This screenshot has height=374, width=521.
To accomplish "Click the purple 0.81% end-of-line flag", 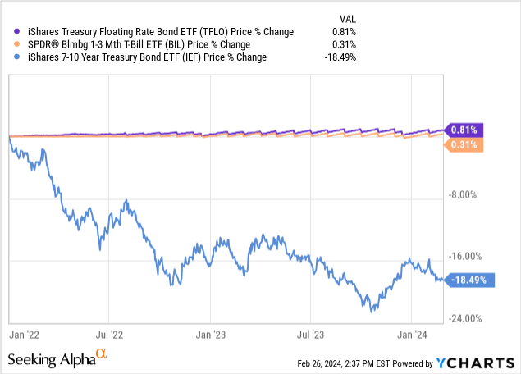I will click(x=465, y=130).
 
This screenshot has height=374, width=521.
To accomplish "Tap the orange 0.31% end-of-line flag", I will click(x=465, y=145).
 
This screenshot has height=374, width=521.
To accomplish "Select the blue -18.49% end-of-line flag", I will click(x=468, y=280).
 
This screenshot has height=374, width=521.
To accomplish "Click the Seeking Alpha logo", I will click(x=57, y=359).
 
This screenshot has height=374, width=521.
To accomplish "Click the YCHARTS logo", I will click(x=471, y=363).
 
